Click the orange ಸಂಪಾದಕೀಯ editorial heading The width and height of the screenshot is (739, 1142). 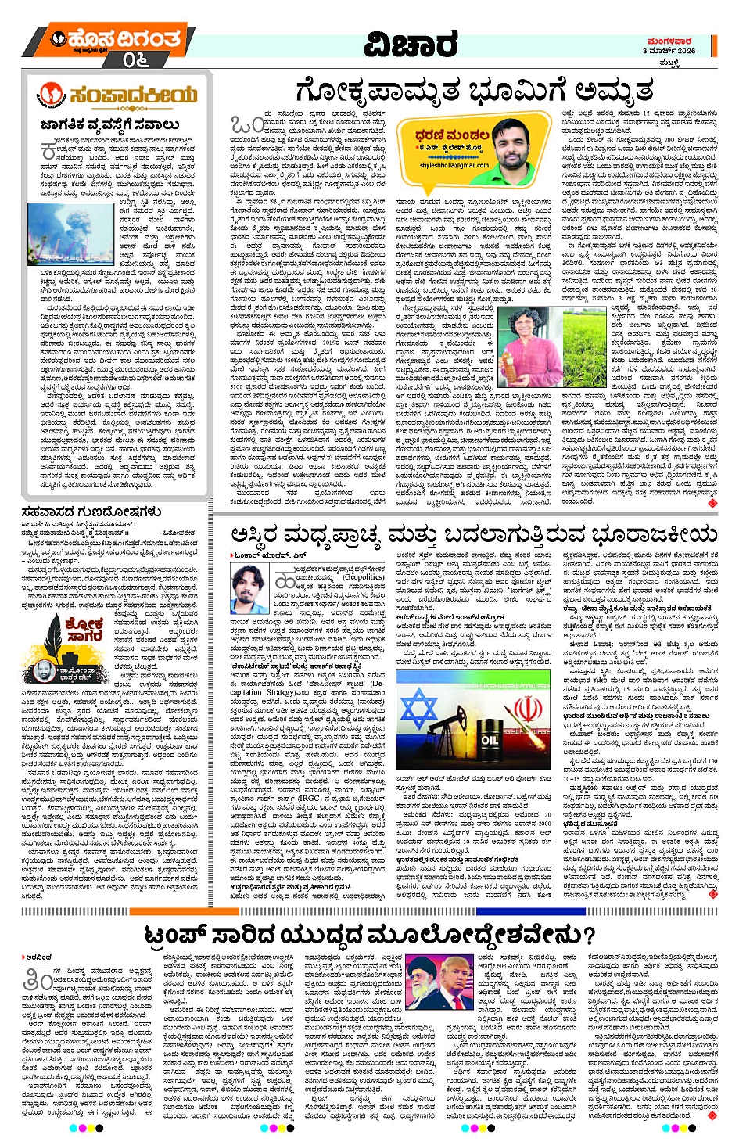click(118, 95)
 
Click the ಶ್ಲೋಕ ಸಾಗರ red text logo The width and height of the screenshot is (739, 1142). click(84, 629)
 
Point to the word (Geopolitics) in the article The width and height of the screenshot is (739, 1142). click(363, 577)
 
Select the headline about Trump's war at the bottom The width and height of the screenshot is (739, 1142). click(371, 936)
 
